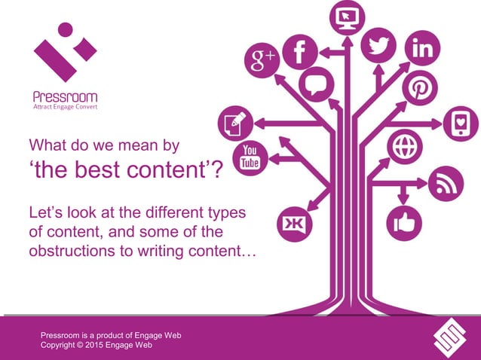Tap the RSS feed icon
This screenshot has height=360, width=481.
445,183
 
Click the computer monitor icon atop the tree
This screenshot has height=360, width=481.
348,17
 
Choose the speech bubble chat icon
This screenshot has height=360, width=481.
316,84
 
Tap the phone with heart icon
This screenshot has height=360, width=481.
459,124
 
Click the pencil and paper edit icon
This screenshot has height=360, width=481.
234,123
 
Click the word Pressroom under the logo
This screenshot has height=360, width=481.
65,96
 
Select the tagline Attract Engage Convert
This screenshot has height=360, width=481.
65,107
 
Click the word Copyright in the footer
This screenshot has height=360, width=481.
61,345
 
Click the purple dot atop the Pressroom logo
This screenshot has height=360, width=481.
65,29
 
